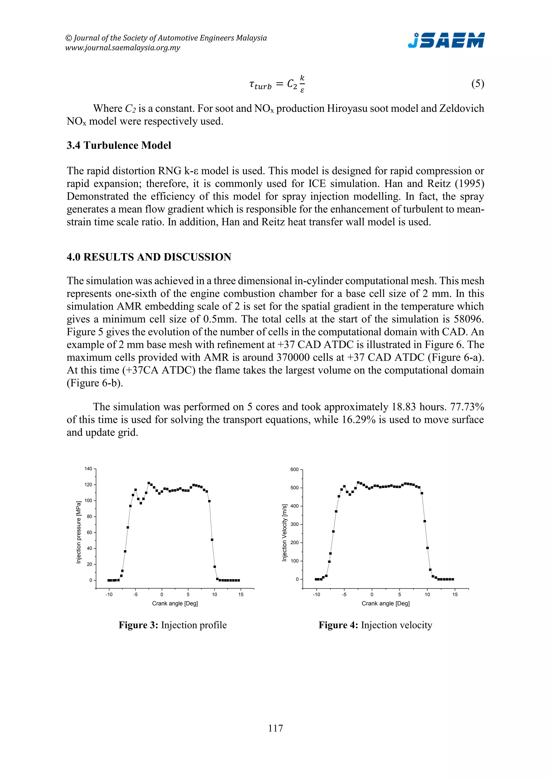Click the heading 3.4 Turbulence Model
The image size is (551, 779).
(119, 145)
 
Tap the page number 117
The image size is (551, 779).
(275, 728)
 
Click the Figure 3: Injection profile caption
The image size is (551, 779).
(172, 625)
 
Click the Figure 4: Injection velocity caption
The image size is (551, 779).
(375, 625)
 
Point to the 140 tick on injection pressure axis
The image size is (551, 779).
(88, 469)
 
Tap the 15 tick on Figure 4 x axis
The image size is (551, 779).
(455, 594)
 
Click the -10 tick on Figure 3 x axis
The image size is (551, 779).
(109, 594)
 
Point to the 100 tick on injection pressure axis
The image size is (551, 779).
(88, 500)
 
